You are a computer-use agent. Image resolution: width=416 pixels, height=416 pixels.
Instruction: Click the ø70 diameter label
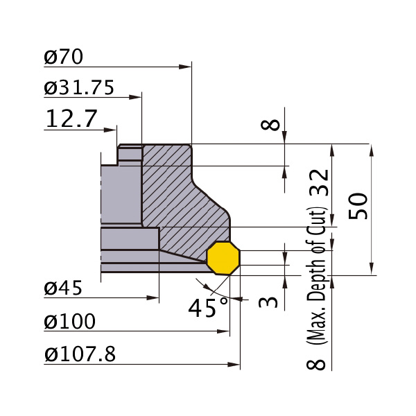point(63,57)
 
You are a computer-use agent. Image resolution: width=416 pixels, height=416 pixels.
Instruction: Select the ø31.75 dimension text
point(79,87)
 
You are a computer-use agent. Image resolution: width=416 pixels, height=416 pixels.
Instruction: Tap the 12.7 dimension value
point(71,119)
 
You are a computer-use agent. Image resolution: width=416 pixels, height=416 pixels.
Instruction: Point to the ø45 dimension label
point(63,288)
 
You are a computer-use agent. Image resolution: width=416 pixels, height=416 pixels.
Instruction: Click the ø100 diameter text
point(70,321)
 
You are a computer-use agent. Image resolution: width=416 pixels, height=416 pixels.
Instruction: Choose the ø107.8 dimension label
point(80,354)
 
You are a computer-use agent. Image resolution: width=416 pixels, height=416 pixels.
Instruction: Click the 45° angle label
point(208,307)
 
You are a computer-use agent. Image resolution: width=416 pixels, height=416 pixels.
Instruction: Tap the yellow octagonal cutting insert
point(223,258)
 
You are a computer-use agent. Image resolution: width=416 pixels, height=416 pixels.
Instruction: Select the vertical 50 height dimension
point(358,206)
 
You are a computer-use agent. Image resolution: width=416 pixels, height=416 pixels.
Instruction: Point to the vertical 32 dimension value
point(320,182)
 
